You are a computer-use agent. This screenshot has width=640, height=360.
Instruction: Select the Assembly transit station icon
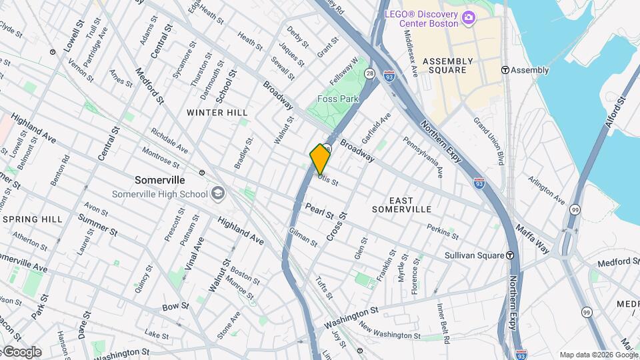pos(505,70)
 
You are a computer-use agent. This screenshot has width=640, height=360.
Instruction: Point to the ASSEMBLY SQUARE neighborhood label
pos(447,65)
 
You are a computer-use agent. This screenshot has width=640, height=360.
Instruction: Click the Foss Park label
pos(338,99)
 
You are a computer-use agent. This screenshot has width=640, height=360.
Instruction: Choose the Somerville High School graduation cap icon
pos(217,194)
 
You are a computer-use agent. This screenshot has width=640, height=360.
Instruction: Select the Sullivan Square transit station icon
pos(510,255)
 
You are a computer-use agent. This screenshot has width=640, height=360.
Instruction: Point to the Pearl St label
pos(319,211)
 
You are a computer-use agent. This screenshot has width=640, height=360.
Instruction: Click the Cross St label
pos(337,227)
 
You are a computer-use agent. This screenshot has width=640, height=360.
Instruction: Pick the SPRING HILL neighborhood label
pos(32,219)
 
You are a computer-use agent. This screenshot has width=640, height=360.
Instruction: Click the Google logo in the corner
pos(21,351)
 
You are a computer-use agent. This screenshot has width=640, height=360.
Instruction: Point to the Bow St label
pos(176,307)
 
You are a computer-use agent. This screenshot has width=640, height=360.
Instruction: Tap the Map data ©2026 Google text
pos(598,355)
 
